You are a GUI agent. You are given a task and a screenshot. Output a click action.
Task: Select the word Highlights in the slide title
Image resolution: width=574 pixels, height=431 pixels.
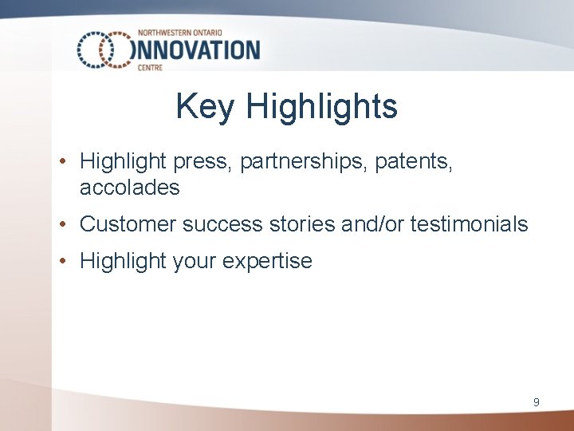(x=322, y=107)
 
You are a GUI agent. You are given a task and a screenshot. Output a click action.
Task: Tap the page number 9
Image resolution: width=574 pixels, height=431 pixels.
(x=536, y=402)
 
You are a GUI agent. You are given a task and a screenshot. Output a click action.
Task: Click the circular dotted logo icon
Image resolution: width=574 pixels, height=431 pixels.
(x=104, y=49)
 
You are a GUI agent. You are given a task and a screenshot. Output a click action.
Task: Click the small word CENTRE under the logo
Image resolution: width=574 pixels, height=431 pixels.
(x=150, y=68)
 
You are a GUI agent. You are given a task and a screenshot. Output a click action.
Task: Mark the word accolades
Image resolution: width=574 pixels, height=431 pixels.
(x=130, y=188)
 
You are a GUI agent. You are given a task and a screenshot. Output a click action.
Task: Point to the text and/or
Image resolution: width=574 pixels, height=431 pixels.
(x=372, y=224)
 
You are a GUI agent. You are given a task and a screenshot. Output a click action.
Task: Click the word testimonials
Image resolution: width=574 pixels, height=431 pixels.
(x=469, y=224)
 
